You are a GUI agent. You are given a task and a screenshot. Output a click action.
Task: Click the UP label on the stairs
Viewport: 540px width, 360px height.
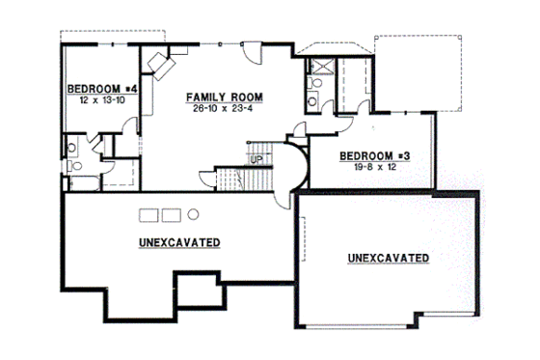tap(257, 158)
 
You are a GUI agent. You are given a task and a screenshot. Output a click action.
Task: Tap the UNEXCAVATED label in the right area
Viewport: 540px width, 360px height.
tap(388, 258)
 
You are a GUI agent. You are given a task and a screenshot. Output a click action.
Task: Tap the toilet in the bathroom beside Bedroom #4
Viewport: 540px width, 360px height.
tap(72, 148)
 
